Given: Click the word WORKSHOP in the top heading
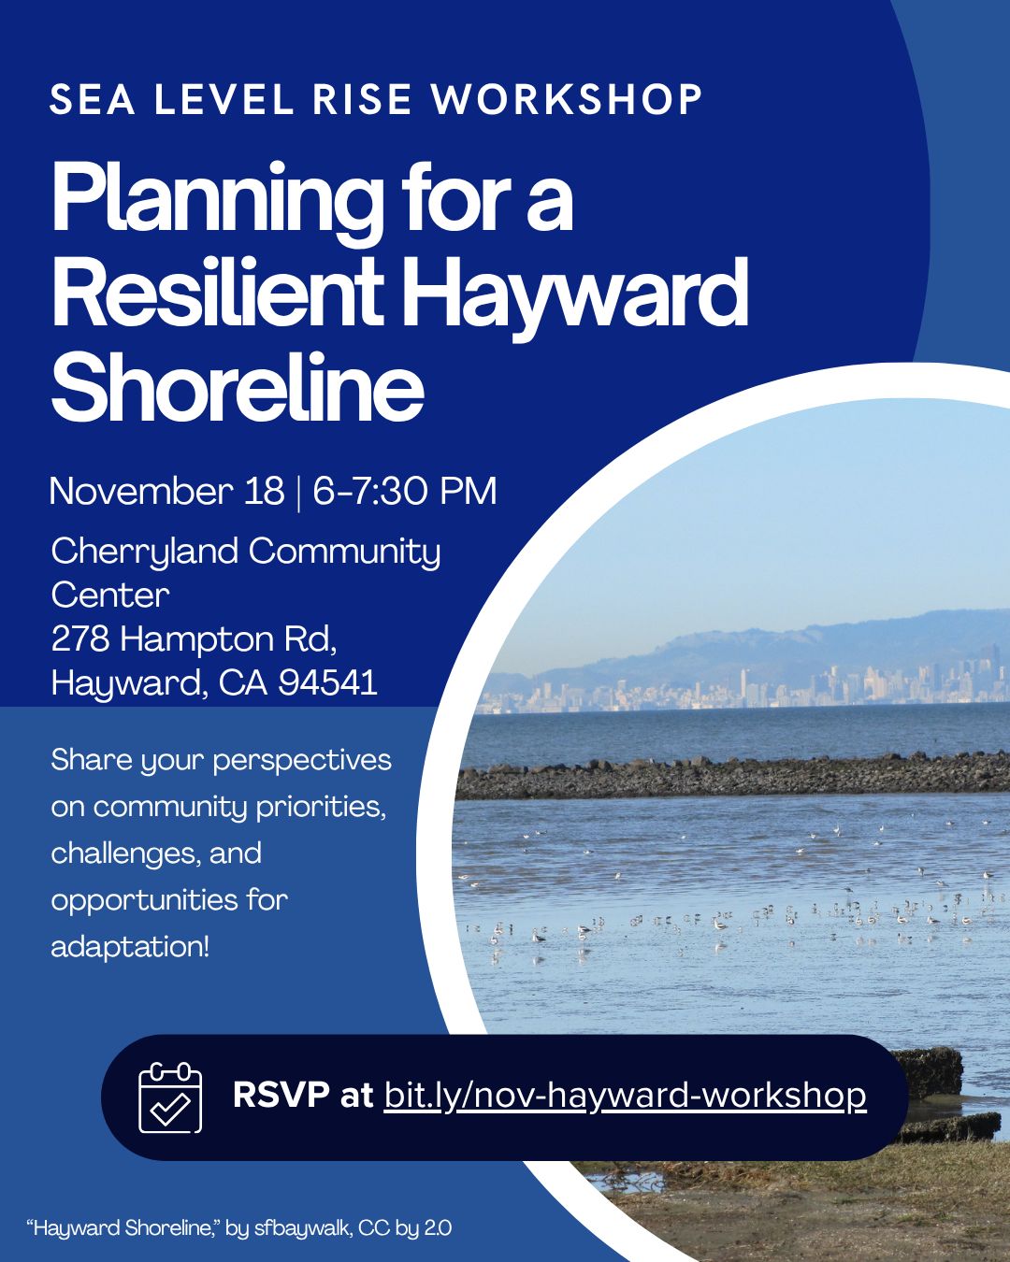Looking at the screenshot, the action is (x=567, y=99).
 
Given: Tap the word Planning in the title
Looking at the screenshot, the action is (x=215, y=203).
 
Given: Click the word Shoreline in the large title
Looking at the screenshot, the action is (x=238, y=387).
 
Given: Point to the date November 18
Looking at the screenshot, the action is (x=167, y=491).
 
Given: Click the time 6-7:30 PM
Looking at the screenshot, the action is (x=405, y=491).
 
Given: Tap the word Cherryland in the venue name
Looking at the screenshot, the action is (x=145, y=553).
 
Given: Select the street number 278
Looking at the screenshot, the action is (x=80, y=638).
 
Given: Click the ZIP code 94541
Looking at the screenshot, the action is (x=327, y=682).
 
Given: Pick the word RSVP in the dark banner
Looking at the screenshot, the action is (x=281, y=1094).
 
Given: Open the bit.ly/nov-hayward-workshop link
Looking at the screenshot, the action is (x=625, y=1095).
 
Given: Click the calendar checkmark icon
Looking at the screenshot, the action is (x=170, y=1097).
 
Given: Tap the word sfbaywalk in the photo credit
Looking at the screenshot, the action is (x=303, y=1226).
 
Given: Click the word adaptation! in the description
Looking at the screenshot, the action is (x=130, y=946).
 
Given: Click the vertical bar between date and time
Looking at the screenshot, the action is (x=299, y=493).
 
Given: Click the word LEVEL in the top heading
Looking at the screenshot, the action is (x=224, y=99).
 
